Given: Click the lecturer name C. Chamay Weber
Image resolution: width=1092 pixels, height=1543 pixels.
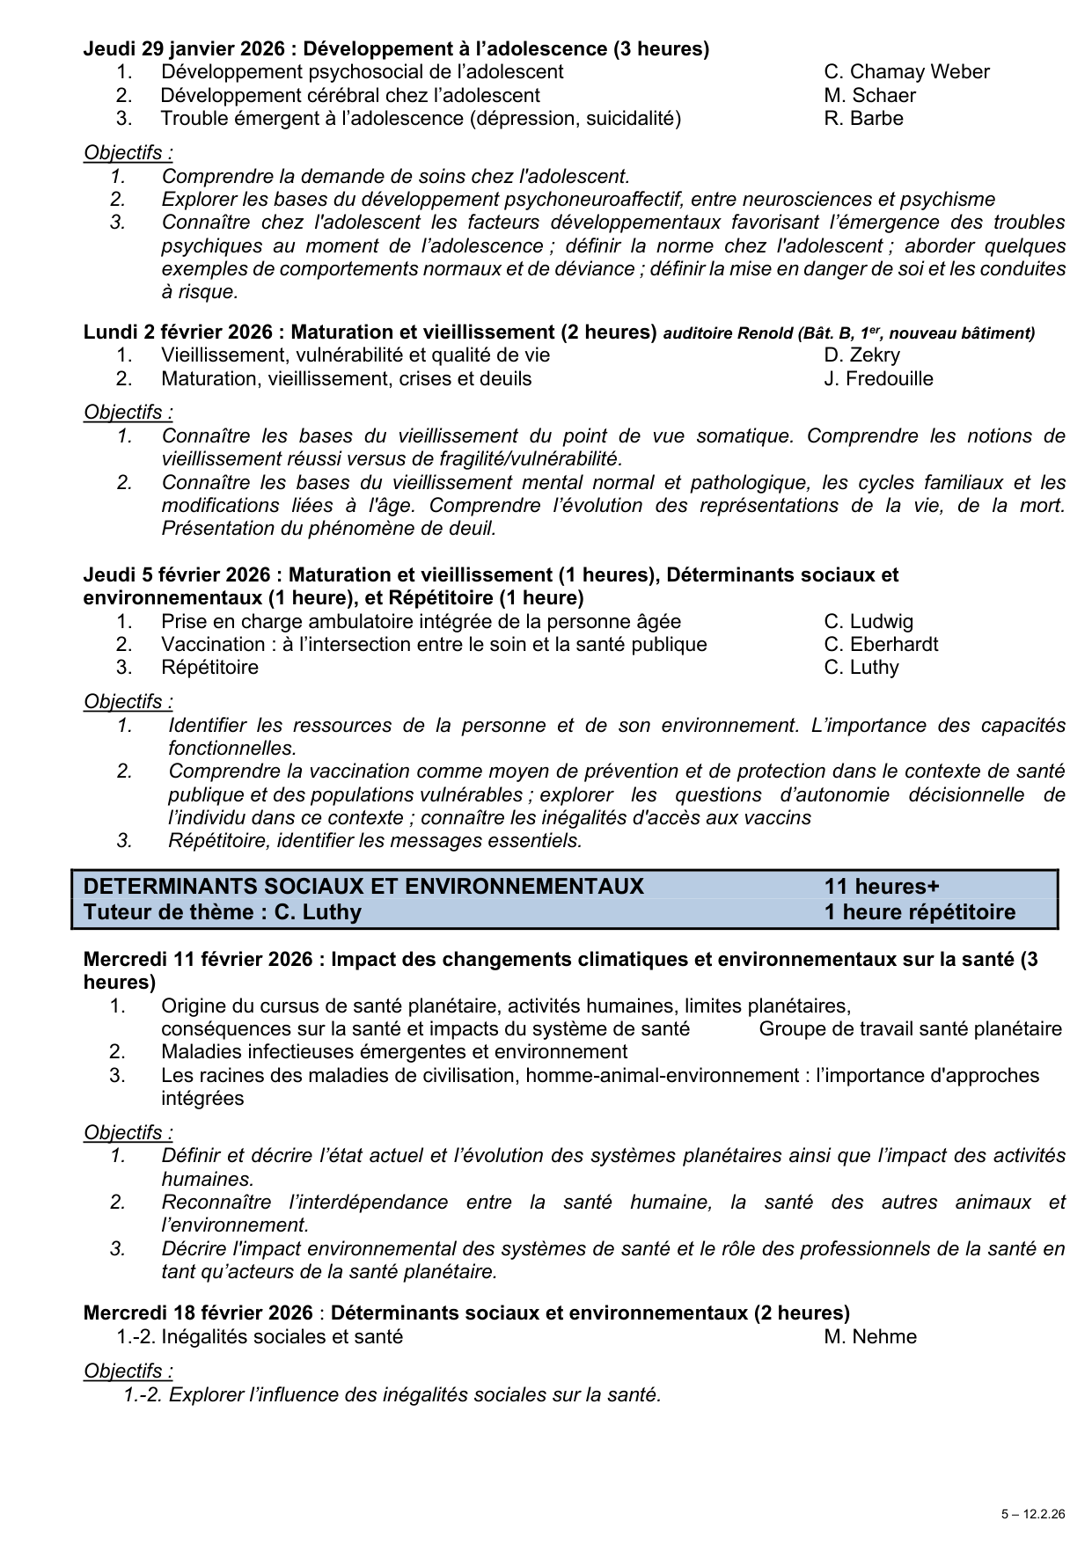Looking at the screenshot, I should [906, 72].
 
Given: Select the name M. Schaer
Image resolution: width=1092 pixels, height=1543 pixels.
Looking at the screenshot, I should [869, 95].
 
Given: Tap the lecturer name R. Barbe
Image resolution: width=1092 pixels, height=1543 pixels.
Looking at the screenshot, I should [863, 118].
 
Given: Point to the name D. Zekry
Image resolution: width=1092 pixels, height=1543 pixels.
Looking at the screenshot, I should [861, 355].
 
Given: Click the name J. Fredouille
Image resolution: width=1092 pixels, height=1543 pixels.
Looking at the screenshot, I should [878, 378].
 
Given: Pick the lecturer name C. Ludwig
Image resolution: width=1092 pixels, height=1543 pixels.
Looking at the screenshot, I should [868, 621].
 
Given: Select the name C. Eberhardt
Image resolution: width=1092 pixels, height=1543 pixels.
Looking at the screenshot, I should [881, 644].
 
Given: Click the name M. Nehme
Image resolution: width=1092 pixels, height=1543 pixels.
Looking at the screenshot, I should [870, 1337].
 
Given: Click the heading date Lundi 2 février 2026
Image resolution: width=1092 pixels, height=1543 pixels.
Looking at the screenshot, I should [180, 333].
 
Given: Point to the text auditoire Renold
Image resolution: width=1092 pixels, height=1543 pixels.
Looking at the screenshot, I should [727, 333].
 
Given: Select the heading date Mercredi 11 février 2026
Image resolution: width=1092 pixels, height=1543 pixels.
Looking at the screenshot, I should [198, 959].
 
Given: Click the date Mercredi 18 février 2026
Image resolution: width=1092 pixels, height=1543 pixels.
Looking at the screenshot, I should [198, 1313].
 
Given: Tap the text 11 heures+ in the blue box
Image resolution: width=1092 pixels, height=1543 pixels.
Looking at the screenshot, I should [882, 886].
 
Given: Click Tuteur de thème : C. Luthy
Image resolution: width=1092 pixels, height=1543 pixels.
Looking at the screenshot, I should [223, 912].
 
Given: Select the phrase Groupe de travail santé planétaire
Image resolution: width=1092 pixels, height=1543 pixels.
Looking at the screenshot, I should [910, 1029].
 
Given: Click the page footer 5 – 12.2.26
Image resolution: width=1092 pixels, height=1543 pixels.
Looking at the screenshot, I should [1032, 1515].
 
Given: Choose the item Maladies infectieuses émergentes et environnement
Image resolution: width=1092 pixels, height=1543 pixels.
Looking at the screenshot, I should [394, 1052].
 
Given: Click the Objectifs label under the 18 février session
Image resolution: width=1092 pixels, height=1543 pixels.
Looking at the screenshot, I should [128, 1371].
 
